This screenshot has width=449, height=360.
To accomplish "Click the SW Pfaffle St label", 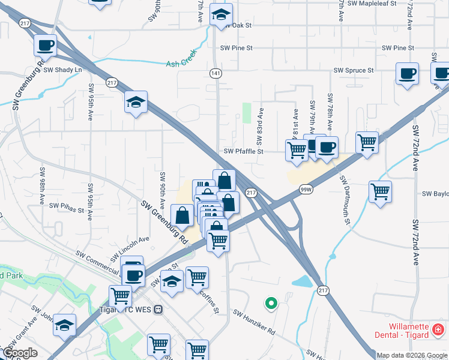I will point(244,152).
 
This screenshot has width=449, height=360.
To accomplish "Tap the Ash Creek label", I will point(181,62).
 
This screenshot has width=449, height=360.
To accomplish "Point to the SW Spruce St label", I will point(354,70).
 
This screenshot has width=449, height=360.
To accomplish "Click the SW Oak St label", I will point(237,26).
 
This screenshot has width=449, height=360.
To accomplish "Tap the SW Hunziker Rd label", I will point(254,322).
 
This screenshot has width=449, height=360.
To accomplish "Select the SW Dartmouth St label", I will point(344,200).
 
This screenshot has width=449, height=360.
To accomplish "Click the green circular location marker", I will point(271,304).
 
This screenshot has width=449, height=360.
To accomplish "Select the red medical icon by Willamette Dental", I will point(438,330).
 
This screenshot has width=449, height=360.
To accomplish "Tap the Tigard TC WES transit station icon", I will point(158,310).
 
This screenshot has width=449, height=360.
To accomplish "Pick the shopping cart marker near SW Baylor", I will point(380,192).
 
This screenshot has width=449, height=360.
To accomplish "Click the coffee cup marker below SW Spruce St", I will point(407,74).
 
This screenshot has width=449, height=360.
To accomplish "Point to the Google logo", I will point(20,353).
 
